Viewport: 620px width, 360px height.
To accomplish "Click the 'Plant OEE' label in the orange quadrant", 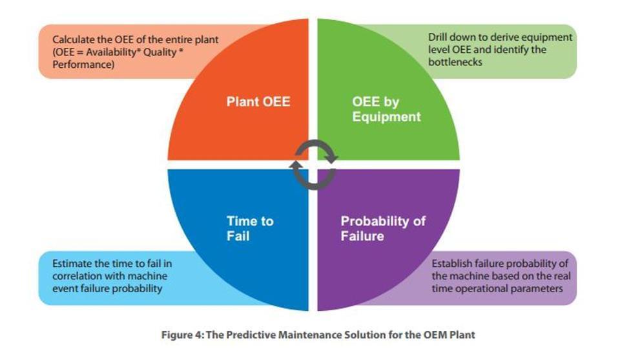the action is (258, 101).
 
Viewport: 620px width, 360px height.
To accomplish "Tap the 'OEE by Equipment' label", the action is (386, 109).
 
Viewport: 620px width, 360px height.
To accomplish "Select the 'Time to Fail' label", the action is (250, 228).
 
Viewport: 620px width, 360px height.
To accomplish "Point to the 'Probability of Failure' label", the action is (383, 228).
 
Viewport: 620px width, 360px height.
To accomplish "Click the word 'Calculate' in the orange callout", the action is (74, 39).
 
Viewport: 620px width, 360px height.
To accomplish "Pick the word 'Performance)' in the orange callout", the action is (83, 65).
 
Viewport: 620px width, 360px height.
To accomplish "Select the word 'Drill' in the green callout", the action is (437, 37).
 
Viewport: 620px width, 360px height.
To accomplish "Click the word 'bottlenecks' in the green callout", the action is (455, 62).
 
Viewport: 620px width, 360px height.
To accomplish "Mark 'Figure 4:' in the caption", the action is (183, 335).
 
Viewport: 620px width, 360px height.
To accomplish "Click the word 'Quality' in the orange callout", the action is (160, 52).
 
